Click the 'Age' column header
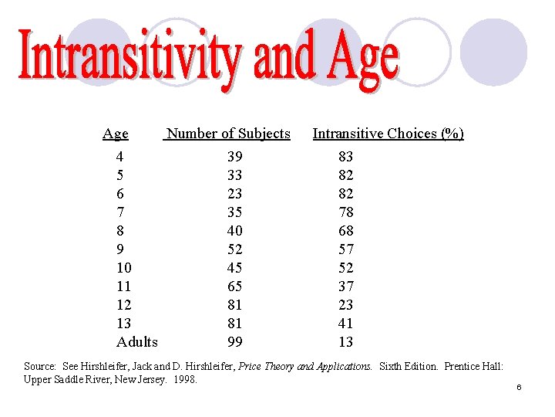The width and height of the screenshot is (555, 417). point(116,134)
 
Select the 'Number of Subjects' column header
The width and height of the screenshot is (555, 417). point(228,134)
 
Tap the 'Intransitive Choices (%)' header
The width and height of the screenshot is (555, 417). point(388,134)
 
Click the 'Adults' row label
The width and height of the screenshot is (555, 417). point(136,341)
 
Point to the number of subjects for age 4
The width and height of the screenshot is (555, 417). point(234,157)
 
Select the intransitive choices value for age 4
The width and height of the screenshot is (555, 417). point(346,157)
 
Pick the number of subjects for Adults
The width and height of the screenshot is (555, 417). point(234,341)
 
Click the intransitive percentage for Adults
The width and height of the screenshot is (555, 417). point(346,341)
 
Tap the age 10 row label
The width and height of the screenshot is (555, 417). point(123,268)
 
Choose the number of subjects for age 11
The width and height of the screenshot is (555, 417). point(234,286)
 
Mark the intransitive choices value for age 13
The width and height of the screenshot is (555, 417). point(346,324)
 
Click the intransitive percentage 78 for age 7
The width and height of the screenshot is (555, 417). point(346,212)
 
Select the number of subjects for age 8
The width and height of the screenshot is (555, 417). point(234,231)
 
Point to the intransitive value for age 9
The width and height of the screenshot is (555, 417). point(346,249)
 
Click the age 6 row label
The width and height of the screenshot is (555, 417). point(119,194)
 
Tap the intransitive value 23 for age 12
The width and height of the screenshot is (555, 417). point(346,305)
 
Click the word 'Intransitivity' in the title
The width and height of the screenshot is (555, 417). point(131,58)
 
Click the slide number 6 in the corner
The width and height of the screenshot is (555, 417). point(520,387)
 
